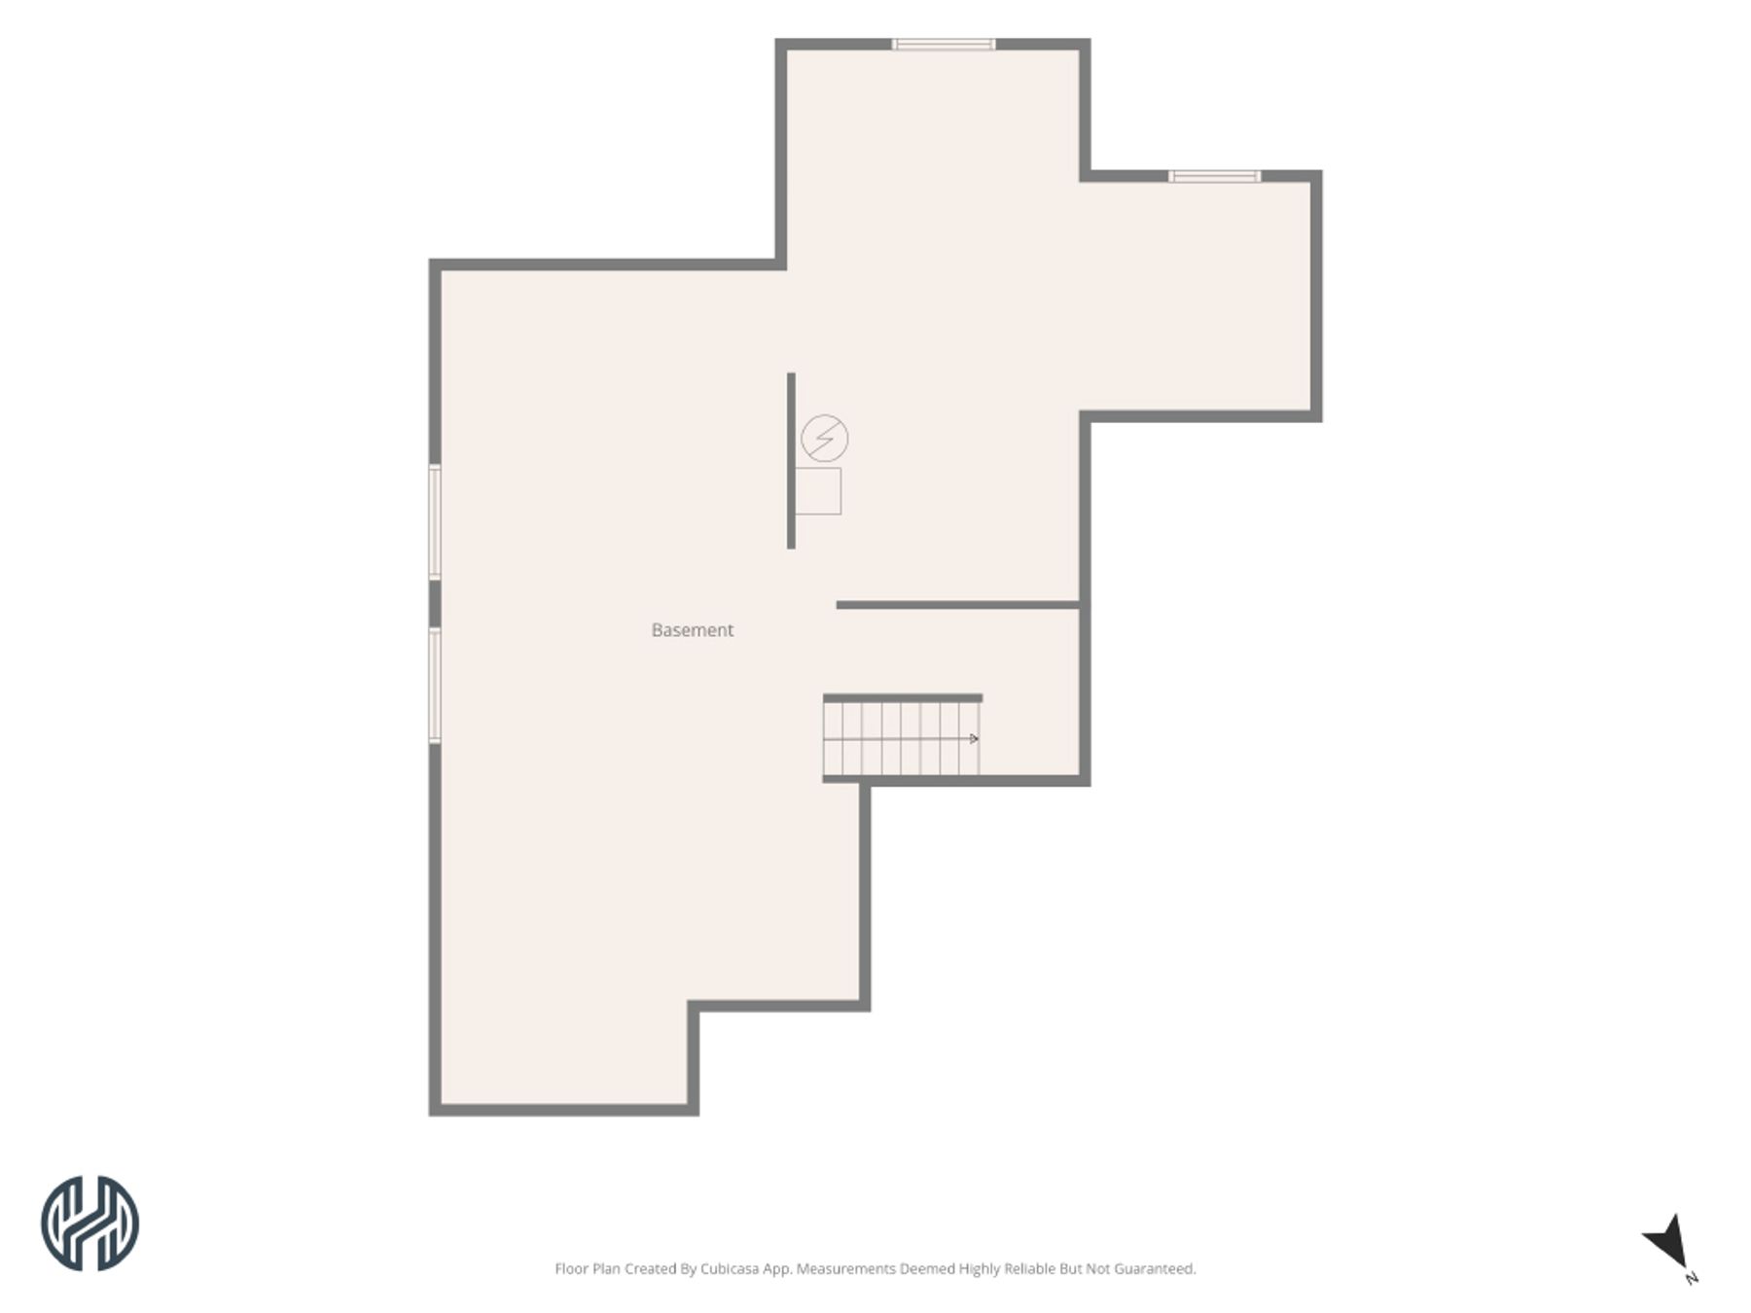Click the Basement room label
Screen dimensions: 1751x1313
pyautogui.click(x=692, y=630)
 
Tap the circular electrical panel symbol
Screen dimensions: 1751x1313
pyautogui.click(x=824, y=439)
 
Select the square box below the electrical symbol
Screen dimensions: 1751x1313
pyautogui.click(x=818, y=491)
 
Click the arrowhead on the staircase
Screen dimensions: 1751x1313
pyautogui.click(x=974, y=739)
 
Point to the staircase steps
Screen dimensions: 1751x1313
pyautogui.click(x=901, y=739)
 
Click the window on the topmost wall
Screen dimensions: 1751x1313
pyautogui.click(x=944, y=44)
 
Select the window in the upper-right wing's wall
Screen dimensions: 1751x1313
pyautogui.click(x=1214, y=176)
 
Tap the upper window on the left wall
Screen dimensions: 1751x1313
pyautogui.click(x=435, y=522)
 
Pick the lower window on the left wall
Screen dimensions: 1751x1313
pyautogui.click(x=435, y=686)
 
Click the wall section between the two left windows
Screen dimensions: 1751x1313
pyautogui.click(x=435, y=604)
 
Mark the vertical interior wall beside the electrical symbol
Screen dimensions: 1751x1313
pyautogui.click(x=791, y=461)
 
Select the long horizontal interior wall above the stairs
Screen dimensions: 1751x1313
pyautogui.click(x=958, y=605)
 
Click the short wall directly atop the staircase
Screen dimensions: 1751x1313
pyautogui.click(x=903, y=697)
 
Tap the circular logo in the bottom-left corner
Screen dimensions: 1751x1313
pyautogui.click(x=89, y=1224)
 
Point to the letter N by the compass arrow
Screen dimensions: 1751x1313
pyautogui.click(x=1692, y=1278)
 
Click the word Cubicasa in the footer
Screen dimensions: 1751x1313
pyautogui.click(x=730, y=1269)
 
